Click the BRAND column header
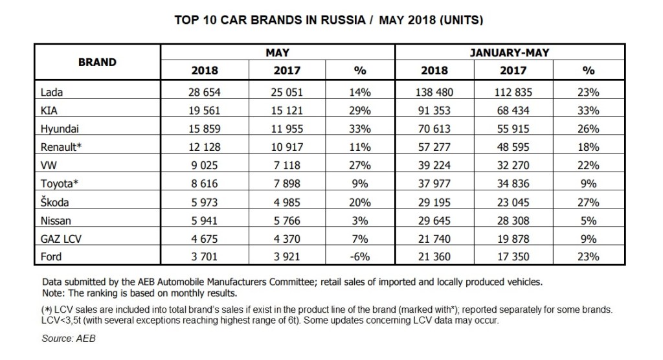(x=97, y=63)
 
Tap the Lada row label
(x=51, y=93)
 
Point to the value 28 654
(x=204, y=93)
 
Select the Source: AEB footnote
(x=69, y=338)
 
